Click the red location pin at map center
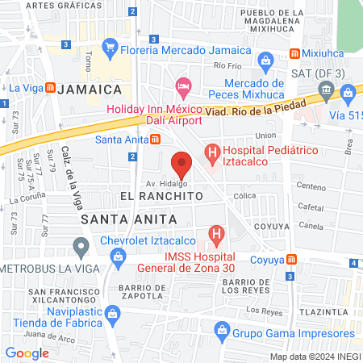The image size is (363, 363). [181, 165]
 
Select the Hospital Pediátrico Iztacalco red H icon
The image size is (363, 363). [212, 151]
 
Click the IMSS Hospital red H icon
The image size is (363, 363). [216, 236]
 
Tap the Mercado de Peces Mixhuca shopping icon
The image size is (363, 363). [265, 60]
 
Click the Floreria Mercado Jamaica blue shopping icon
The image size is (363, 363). [111, 46]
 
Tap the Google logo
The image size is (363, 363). [27, 353]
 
